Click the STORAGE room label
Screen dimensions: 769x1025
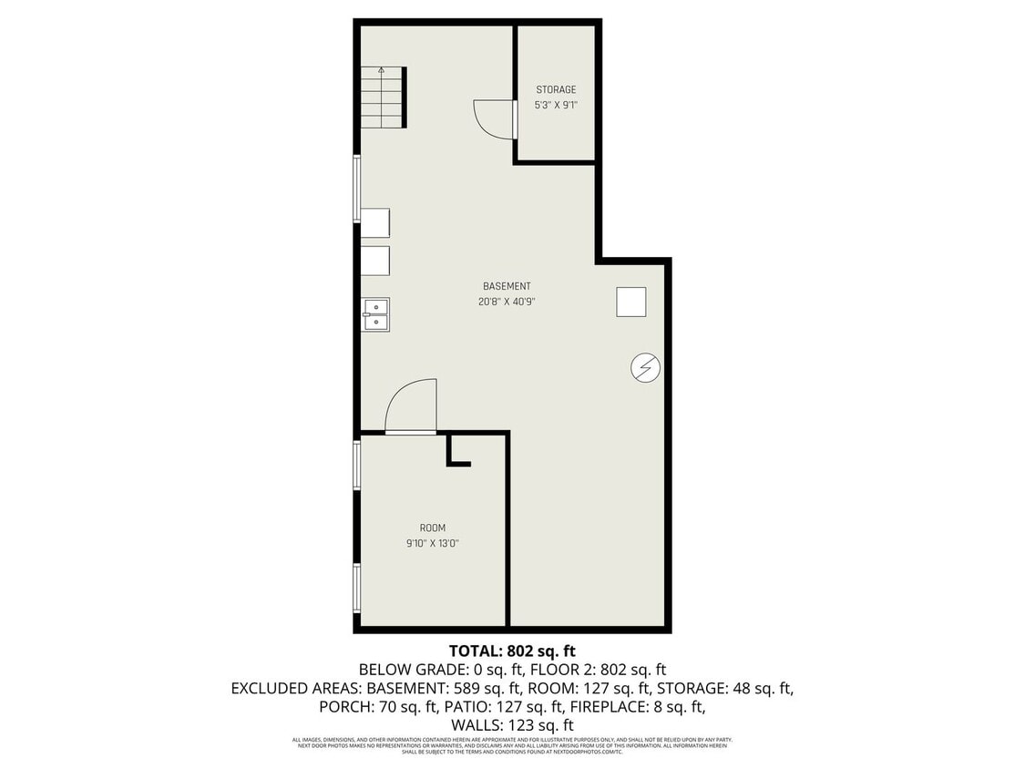click(x=556, y=89)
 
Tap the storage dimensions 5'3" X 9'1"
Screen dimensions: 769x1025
click(x=556, y=105)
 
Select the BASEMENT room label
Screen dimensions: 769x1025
click(x=507, y=286)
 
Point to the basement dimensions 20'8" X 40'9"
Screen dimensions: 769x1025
click(x=507, y=302)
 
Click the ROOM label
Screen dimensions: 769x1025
click(x=433, y=528)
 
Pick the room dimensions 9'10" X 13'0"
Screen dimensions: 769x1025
click(x=433, y=544)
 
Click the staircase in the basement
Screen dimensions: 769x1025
click(x=382, y=97)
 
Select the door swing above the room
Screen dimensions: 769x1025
click(x=411, y=406)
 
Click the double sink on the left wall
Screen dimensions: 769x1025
click(x=375, y=314)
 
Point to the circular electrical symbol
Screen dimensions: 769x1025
click(x=646, y=368)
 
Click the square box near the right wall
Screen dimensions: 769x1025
click(x=630, y=302)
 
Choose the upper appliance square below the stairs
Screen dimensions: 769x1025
click(x=375, y=223)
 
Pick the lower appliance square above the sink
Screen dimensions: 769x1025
click(x=375, y=261)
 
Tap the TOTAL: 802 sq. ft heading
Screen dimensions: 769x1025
click(x=512, y=651)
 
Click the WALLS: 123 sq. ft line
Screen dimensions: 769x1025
click(x=512, y=724)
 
